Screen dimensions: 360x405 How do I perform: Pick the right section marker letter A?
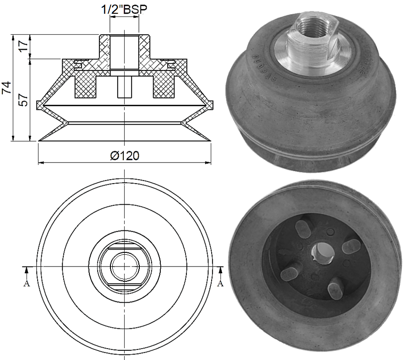coord(220,284)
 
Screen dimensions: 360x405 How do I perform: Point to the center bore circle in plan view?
coord(124,266)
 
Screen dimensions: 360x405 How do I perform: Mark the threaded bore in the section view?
coord(124,53)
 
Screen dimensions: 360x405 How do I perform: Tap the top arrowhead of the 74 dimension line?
coord(14,36)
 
